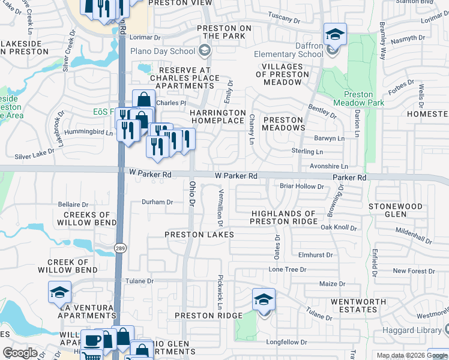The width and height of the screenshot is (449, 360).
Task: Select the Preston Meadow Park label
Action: pyautogui.click(x=367, y=98)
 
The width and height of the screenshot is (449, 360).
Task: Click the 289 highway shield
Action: pyautogui.click(x=119, y=248)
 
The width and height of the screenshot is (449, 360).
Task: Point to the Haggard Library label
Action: pyautogui.click(x=418, y=330)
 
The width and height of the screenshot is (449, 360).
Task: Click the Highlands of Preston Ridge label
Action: pyautogui.click(x=283, y=218)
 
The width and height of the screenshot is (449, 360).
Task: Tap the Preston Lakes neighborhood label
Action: pyautogui.click(x=199, y=235)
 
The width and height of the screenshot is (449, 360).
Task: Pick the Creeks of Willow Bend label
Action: pyautogui.click(x=86, y=218)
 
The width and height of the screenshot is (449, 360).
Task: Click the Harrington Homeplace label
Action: pyautogui.click(x=218, y=116)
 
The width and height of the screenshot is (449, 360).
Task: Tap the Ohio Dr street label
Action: pyautogui.click(x=192, y=194)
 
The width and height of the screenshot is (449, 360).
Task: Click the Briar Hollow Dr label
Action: pyautogui.click(x=302, y=187)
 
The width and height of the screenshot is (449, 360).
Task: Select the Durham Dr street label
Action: pyautogui.click(x=157, y=202)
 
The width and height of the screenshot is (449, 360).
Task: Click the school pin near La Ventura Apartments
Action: pyautogui.click(x=59, y=292)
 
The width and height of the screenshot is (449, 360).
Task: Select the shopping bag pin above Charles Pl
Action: pyautogui.click(x=143, y=100)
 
